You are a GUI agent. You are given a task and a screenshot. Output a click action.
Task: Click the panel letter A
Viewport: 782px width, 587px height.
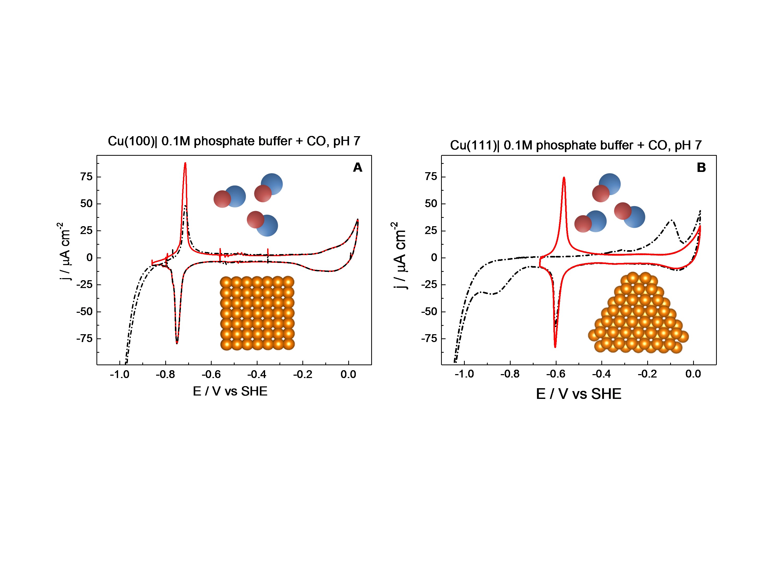point(357,167)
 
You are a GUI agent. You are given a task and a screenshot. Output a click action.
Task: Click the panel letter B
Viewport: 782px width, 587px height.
point(701,167)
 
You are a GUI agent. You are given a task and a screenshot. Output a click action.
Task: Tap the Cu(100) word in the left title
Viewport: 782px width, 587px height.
point(131,141)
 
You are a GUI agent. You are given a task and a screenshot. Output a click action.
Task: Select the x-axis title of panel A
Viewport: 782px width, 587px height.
point(230,391)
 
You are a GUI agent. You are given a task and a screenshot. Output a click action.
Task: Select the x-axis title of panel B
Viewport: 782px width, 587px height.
point(578,394)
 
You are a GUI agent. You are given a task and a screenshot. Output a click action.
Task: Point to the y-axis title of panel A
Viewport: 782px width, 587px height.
point(65,251)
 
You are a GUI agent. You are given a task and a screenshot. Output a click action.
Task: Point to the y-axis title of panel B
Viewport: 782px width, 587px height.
point(400,255)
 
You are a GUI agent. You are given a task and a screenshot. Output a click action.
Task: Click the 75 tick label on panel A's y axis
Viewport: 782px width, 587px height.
point(86,177)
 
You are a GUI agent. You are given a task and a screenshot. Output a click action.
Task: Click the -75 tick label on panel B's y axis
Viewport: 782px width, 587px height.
point(429,339)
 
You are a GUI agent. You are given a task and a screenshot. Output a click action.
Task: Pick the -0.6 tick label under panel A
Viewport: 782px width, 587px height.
point(211,374)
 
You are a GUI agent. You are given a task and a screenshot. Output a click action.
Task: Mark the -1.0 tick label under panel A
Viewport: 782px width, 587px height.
point(119,374)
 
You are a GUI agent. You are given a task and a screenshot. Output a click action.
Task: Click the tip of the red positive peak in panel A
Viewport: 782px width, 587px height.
point(185,164)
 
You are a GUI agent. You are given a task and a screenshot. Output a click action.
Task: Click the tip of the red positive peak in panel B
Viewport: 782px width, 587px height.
point(564,178)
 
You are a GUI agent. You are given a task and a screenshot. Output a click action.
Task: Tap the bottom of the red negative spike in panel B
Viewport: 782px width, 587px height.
point(555,347)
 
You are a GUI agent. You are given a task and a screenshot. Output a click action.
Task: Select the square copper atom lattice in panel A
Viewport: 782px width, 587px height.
point(257,313)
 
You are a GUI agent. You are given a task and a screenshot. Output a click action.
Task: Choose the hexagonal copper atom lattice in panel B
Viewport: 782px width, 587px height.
point(638,313)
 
